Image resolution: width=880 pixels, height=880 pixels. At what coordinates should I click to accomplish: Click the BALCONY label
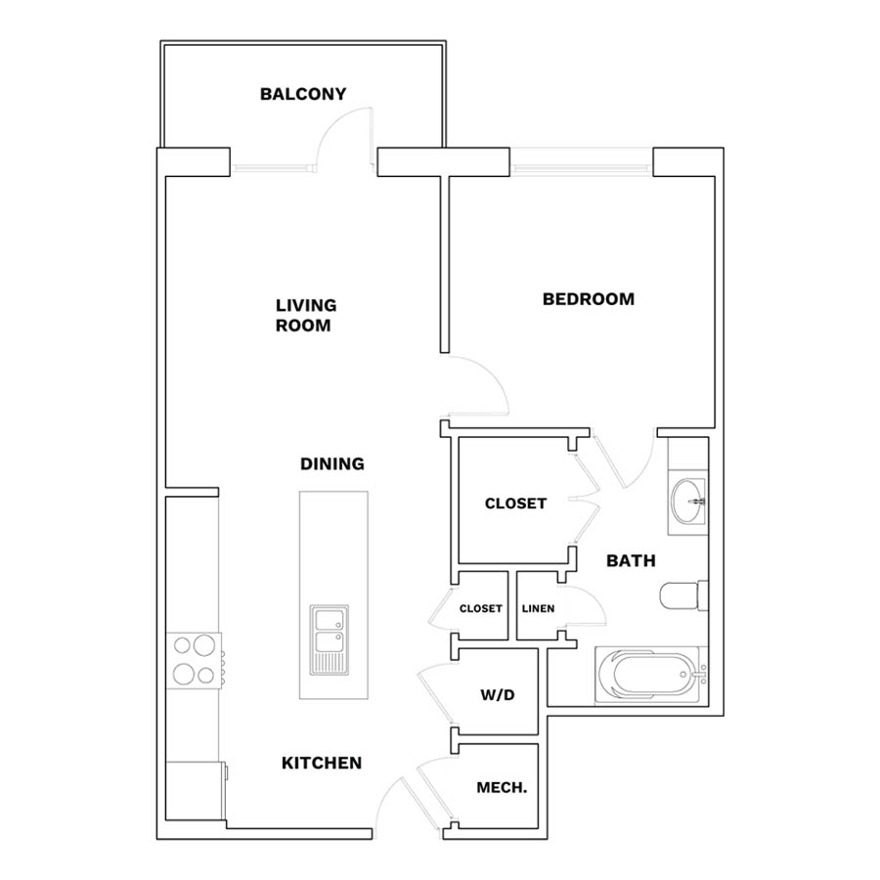click(x=303, y=94)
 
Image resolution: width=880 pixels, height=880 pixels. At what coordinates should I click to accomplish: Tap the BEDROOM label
click(x=589, y=299)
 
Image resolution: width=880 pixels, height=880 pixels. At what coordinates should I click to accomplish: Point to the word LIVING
click(x=306, y=305)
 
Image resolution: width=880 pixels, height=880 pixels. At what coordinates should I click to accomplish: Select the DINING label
click(x=332, y=463)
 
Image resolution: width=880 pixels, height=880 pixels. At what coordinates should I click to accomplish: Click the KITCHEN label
click(x=322, y=763)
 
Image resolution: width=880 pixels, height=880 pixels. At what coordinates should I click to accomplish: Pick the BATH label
click(x=631, y=560)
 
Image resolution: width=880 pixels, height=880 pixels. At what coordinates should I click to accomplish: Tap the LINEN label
click(x=538, y=608)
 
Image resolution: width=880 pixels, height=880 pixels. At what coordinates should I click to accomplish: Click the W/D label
click(x=498, y=695)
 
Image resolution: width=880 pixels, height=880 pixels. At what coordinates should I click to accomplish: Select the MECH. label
click(x=502, y=788)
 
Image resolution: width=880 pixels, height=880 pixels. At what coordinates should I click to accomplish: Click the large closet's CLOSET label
click(x=515, y=504)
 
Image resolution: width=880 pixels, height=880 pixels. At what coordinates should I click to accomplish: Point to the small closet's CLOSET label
click(x=480, y=608)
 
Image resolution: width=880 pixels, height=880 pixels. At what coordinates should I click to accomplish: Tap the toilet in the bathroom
click(x=683, y=595)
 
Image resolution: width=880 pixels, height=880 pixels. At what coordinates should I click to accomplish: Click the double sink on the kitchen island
click(x=329, y=639)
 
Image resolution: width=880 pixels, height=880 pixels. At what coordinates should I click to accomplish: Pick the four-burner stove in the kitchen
click(x=195, y=660)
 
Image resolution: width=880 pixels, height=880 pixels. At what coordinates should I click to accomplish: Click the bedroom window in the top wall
click(x=582, y=167)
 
